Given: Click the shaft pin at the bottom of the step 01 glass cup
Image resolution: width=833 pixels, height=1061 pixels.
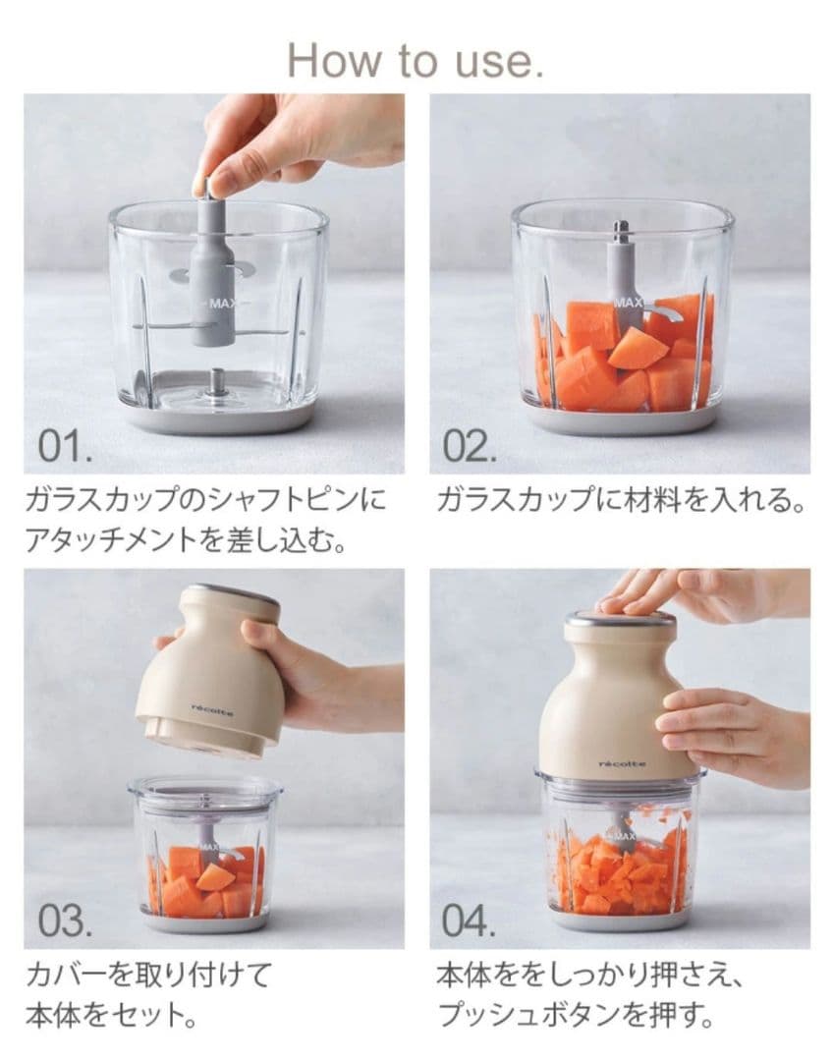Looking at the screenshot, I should click(x=215, y=379).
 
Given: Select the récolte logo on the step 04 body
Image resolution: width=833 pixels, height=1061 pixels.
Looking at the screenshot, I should click(x=622, y=763).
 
